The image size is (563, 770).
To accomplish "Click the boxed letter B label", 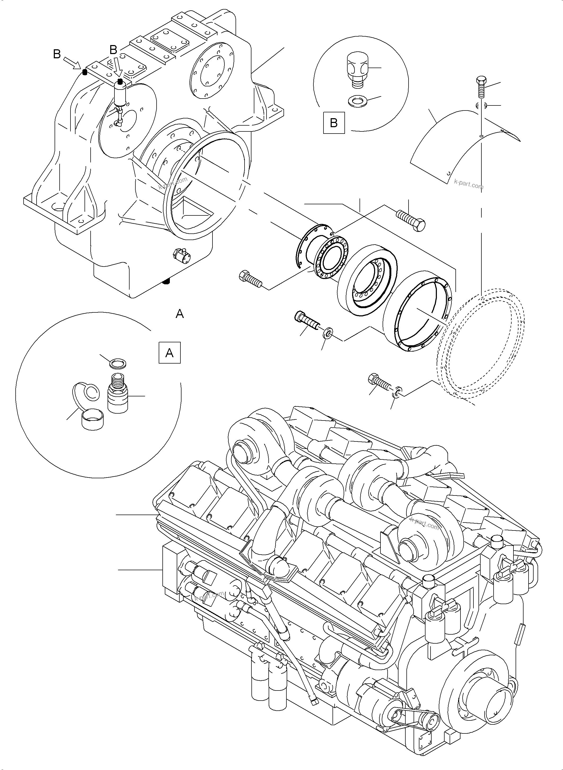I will (334, 123).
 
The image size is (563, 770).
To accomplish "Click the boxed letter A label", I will (169, 353).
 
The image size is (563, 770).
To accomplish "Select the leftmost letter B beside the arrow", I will (57, 54).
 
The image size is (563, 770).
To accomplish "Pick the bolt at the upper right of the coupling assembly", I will (411, 220).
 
